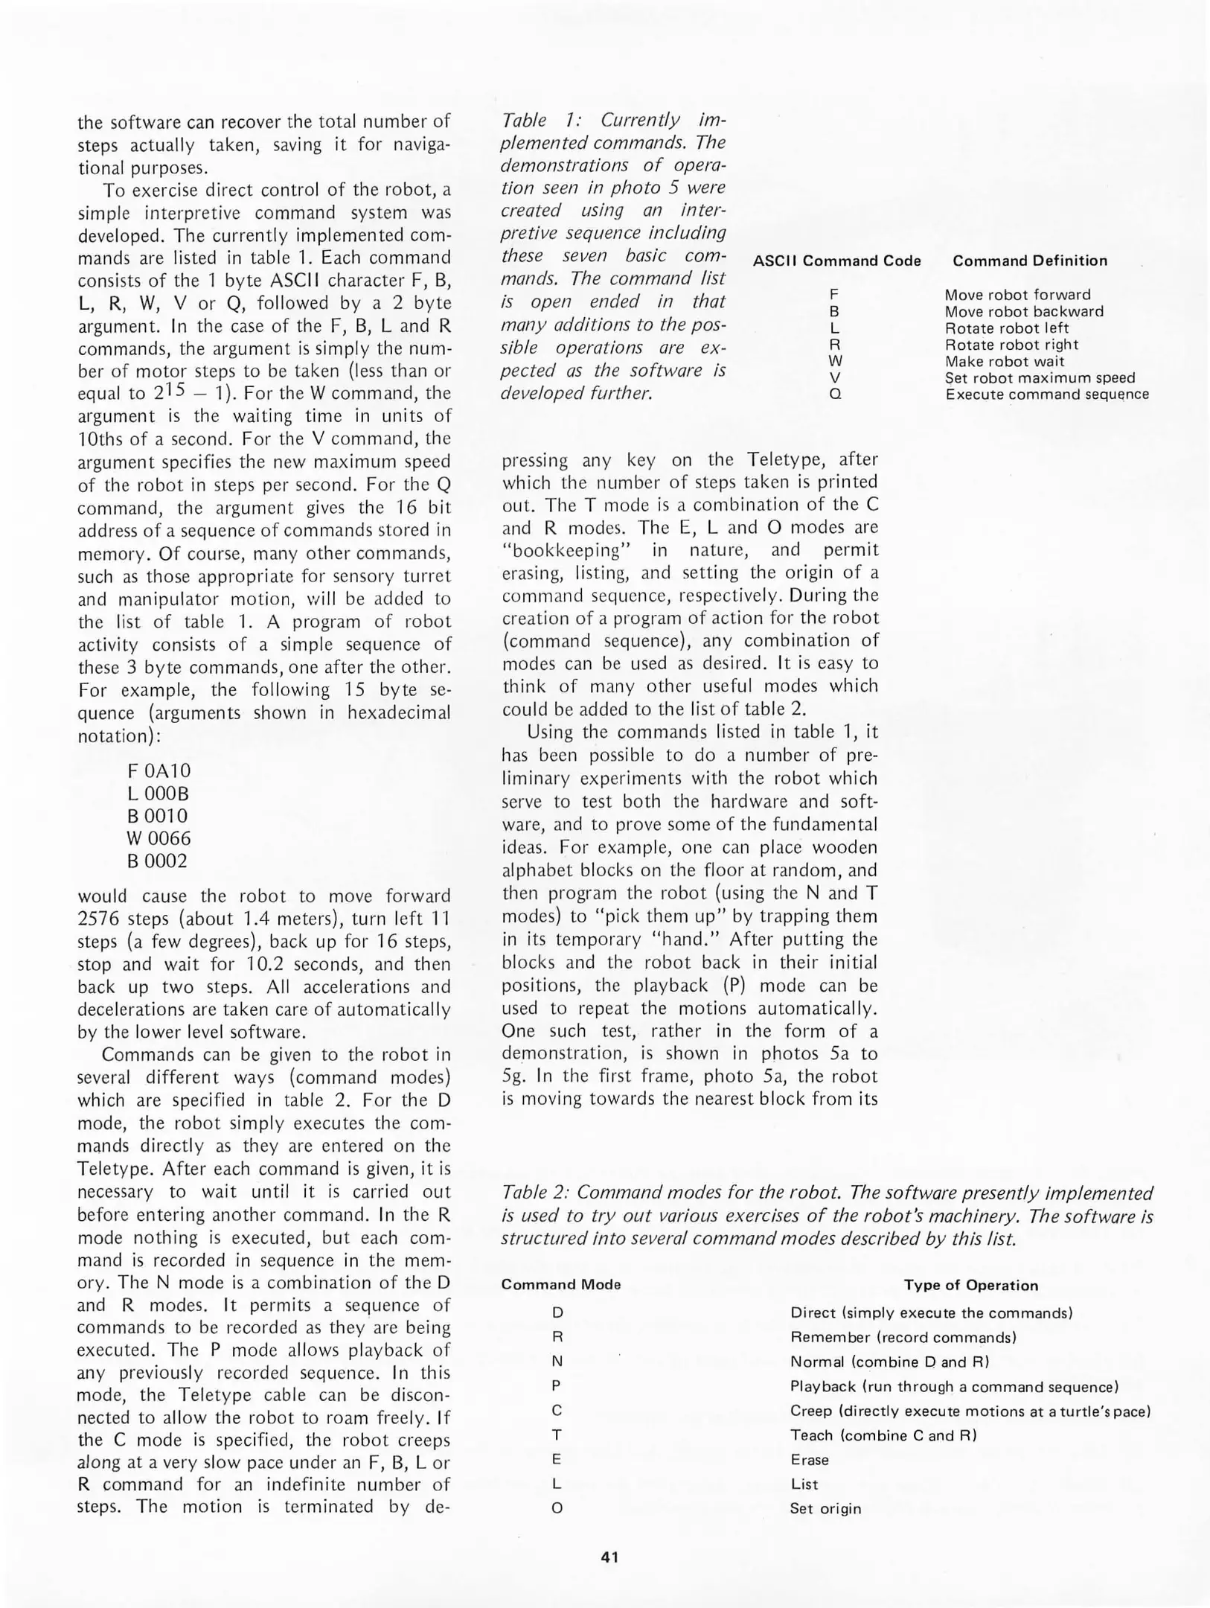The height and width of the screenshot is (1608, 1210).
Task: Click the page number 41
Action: coord(609,1557)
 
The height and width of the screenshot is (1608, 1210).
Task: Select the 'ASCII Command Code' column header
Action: coord(836,261)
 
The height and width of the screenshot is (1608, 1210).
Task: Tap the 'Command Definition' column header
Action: coord(1029,261)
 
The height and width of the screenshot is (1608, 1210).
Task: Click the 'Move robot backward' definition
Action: coord(1024,311)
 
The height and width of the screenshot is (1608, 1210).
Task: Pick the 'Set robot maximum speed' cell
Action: coord(1040,377)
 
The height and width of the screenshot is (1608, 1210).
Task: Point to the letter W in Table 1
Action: coord(834,361)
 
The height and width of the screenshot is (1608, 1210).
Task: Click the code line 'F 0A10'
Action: coord(159,770)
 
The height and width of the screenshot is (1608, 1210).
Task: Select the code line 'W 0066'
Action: coord(159,838)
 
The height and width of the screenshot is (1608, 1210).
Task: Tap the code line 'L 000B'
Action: coord(158,793)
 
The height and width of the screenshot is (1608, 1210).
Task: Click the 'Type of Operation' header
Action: coord(970,1285)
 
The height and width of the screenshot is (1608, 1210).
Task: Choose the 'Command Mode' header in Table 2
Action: coord(560,1284)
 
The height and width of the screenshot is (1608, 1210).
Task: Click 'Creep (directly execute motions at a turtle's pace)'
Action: coord(970,1411)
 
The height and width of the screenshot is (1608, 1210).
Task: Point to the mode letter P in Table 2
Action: coord(557,1386)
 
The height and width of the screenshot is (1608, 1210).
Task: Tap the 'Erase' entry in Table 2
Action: coord(809,1460)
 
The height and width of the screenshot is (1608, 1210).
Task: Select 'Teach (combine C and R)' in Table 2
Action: coord(883,1435)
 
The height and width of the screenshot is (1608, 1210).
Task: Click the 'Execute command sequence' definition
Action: coord(1047,394)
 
